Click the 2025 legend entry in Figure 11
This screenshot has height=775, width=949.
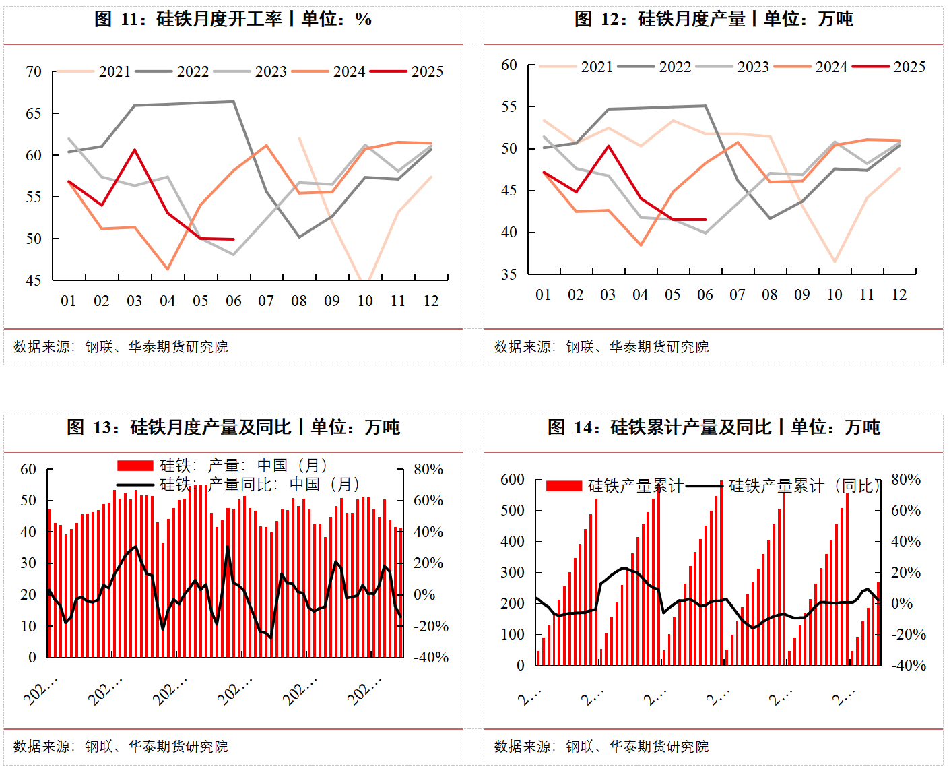pyautogui.click(x=426, y=71)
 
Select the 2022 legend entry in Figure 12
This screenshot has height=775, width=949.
pyautogui.click(x=674, y=67)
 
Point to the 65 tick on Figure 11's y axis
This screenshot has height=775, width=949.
pyautogui.click(x=34, y=113)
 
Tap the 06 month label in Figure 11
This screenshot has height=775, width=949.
pyautogui.click(x=233, y=301)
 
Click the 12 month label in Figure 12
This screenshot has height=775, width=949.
pyautogui.click(x=898, y=294)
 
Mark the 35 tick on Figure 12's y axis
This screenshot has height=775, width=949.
pyautogui.click(x=509, y=274)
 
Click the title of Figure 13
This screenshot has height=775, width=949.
pyautogui.click(x=233, y=427)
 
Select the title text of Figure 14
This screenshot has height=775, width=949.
pyautogui.click(x=713, y=427)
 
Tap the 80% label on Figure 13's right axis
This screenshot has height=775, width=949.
pyautogui.click(x=428, y=469)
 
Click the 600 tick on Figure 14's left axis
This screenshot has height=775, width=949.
pyautogui.click(x=513, y=480)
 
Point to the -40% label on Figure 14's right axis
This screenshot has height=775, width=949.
pyautogui.click(x=909, y=665)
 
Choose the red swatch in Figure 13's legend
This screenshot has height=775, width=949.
pyautogui.click(x=135, y=466)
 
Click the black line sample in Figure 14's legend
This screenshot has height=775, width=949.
pyautogui.click(x=705, y=486)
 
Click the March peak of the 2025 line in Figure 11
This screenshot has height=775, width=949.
pyautogui.click(x=135, y=150)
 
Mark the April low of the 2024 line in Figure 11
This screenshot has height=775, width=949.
pyautogui.click(x=168, y=269)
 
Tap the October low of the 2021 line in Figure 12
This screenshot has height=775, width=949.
pyautogui.click(x=835, y=261)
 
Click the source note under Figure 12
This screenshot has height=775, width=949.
pyautogui.click(x=601, y=347)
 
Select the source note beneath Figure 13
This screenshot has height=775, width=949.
pyautogui.click(x=121, y=747)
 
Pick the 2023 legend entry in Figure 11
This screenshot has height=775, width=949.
pyautogui.click(x=270, y=71)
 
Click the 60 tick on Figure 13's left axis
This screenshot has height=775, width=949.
pyautogui.click(x=28, y=469)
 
